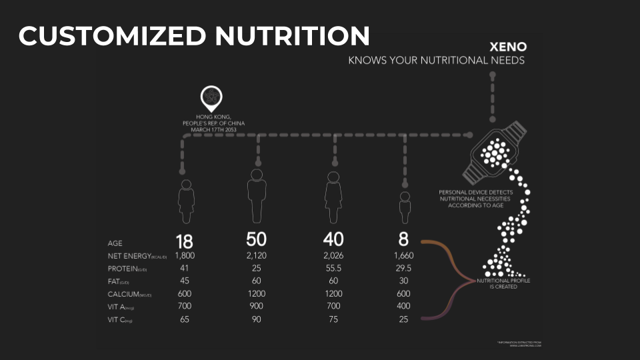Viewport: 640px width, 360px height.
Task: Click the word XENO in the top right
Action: (508, 47)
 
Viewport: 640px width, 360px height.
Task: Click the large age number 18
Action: (184, 241)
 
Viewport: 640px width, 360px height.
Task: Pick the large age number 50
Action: (257, 239)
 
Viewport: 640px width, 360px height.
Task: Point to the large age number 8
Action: (404, 239)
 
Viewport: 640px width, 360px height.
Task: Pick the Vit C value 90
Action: (257, 319)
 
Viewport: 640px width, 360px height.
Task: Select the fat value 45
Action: (185, 281)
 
